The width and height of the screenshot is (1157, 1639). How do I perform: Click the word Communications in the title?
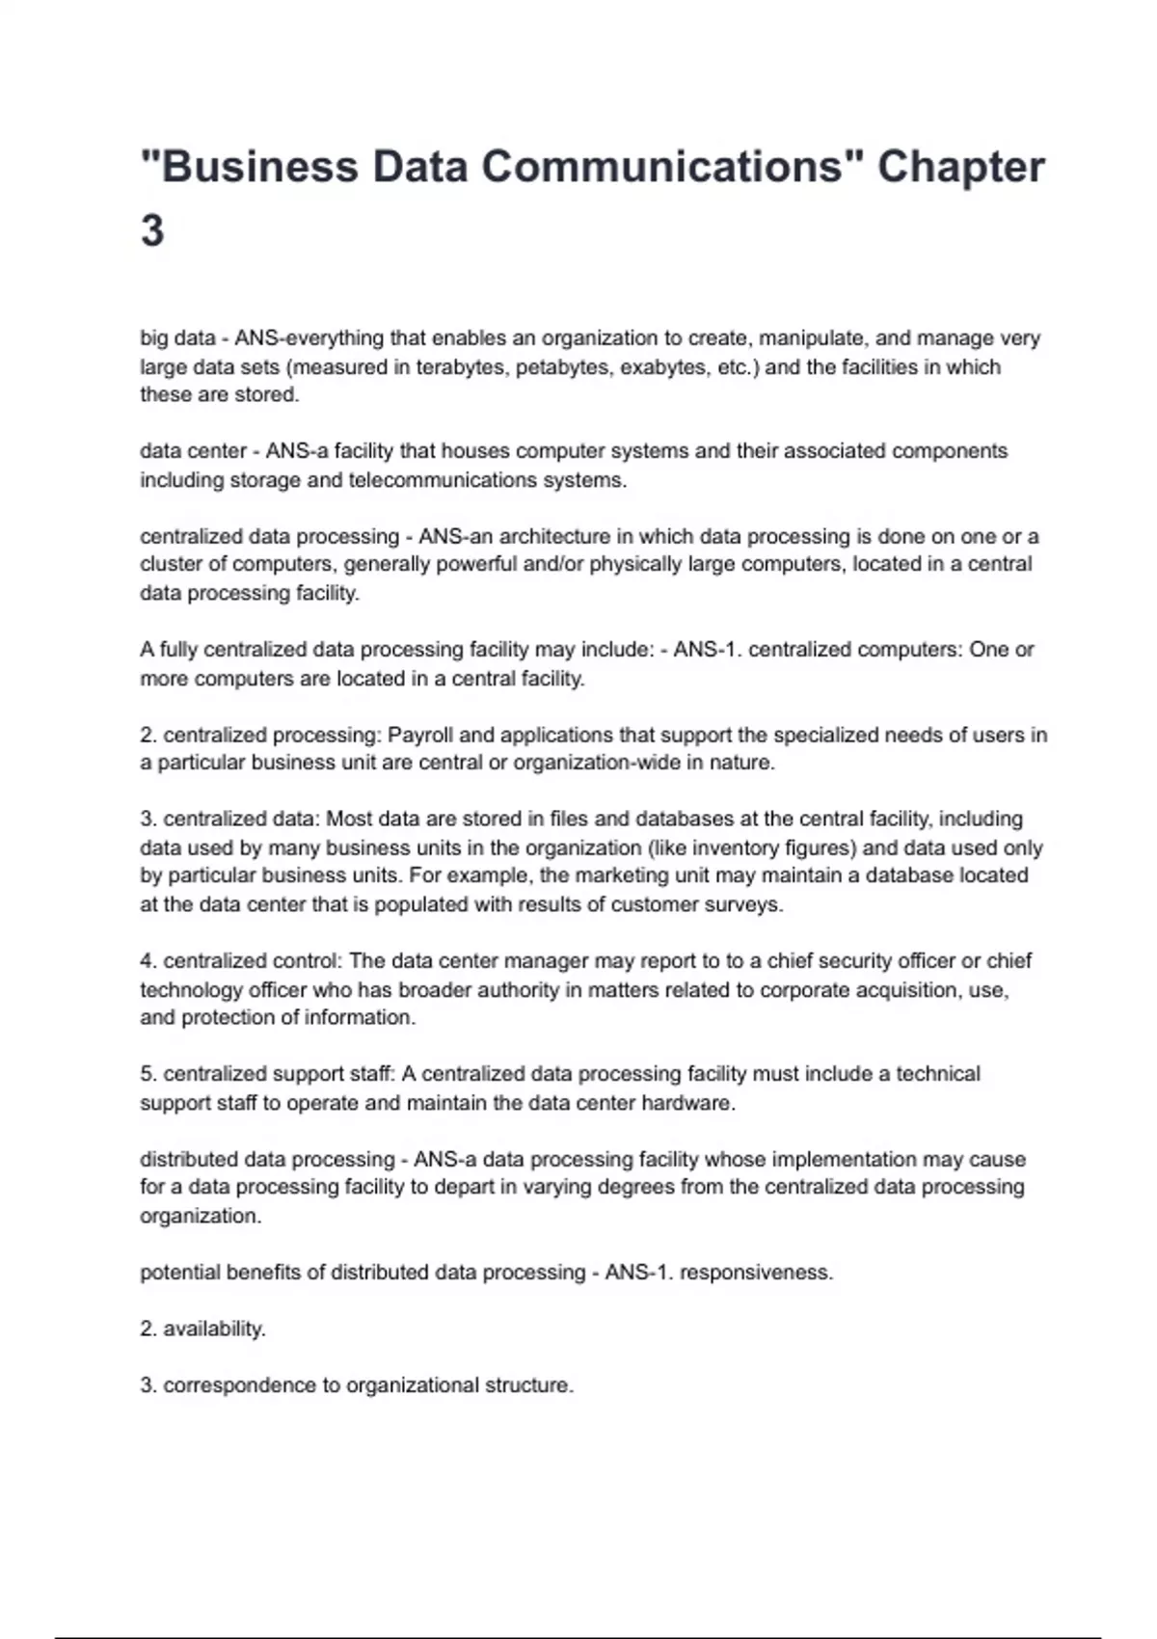click(662, 167)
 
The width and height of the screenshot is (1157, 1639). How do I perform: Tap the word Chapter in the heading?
click(960, 167)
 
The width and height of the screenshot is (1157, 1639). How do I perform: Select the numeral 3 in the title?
click(152, 231)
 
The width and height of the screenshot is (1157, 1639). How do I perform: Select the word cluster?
click(172, 564)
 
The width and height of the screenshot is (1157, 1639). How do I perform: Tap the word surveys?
click(744, 904)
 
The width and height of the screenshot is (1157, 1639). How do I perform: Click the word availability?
click(214, 1329)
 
